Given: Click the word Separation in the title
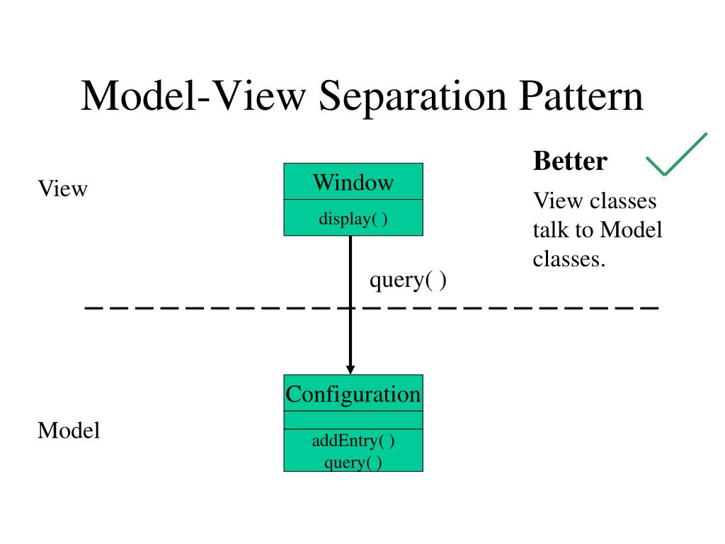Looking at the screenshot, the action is click(x=413, y=96).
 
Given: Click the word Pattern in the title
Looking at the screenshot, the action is click(x=581, y=96).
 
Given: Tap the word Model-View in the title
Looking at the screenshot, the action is click(x=194, y=96).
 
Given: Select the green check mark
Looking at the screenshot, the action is click(x=676, y=154).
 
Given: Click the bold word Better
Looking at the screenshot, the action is click(x=570, y=161).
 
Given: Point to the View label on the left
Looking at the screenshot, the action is click(x=62, y=188).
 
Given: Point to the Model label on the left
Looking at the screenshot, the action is click(x=69, y=430).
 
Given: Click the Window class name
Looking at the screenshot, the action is click(x=353, y=182).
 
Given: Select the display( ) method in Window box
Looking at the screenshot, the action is click(x=353, y=218).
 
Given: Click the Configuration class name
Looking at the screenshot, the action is click(x=353, y=395).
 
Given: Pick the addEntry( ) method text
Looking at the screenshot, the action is click(x=353, y=441).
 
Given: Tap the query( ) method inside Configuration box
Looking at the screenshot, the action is click(x=353, y=462).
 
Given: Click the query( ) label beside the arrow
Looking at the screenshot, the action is click(x=408, y=280).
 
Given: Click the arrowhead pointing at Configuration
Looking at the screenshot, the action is click(x=350, y=369).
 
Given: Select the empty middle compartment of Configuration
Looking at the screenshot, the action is click(x=353, y=420).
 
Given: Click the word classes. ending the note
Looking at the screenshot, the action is click(x=569, y=259).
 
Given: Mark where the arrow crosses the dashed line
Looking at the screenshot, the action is click(x=350, y=307).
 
